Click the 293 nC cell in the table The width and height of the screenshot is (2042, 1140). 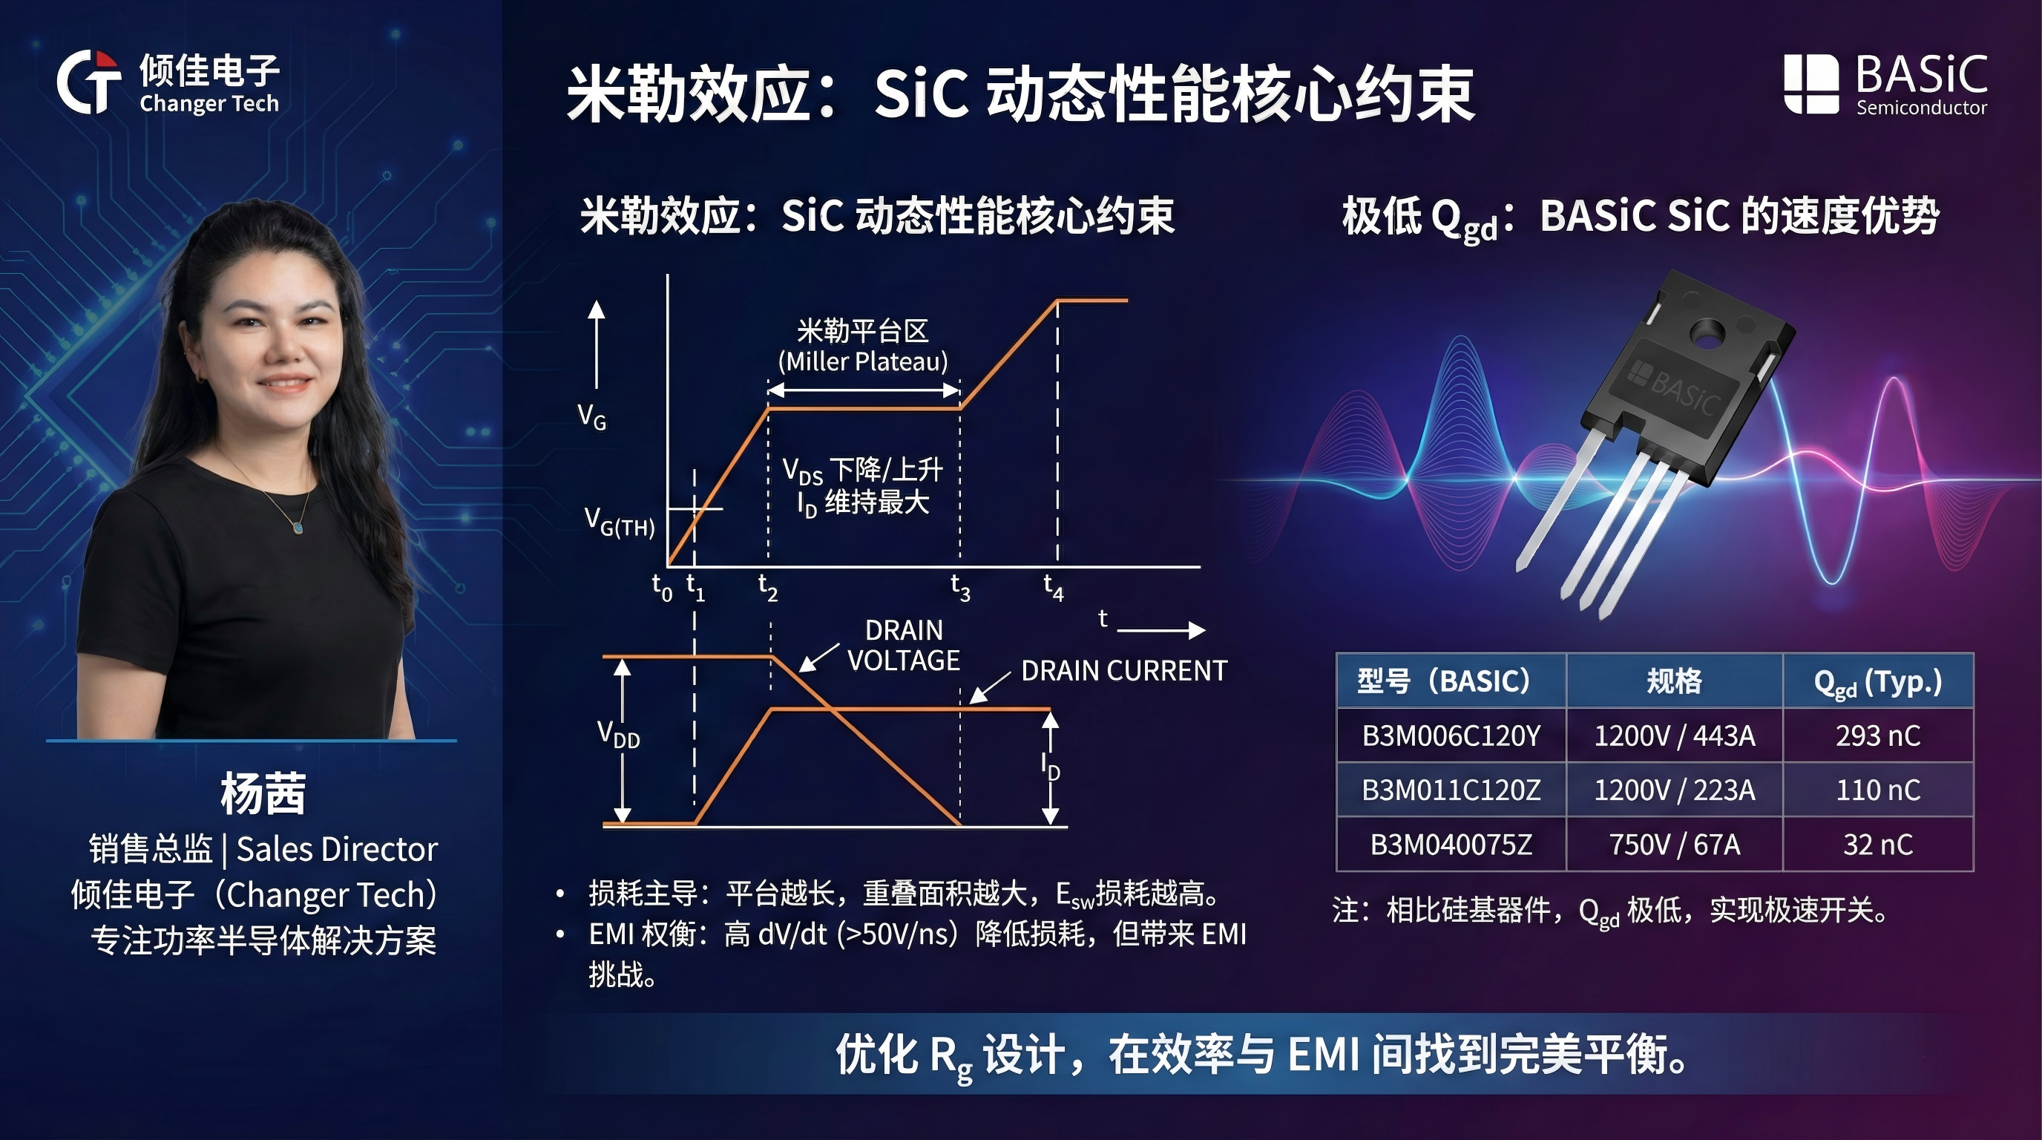point(1878,736)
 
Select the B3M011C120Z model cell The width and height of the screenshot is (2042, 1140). point(1451,790)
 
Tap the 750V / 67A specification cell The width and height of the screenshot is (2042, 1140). point(1674,845)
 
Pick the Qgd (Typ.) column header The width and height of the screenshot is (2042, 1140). point(1878,681)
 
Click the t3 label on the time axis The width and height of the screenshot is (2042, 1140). point(960,587)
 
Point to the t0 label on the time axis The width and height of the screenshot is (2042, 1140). point(662,587)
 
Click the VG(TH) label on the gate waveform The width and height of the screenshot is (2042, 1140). point(619,522)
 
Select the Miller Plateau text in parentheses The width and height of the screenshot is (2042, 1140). point(862,361)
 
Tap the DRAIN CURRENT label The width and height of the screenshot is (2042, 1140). point(1123,671)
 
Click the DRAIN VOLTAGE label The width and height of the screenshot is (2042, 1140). point(904,645)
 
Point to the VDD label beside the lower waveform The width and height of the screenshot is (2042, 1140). point(618,734)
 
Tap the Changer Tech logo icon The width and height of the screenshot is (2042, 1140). point(89,82)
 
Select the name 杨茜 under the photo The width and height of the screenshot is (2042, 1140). point(263,793)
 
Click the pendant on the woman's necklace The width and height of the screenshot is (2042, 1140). point(298,526)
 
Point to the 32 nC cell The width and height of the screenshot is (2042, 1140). point(1878,845)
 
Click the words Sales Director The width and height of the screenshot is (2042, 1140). point(337,849)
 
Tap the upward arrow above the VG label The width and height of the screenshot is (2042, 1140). point(596,345)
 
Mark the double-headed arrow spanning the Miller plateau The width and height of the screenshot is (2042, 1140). point(864,390)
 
